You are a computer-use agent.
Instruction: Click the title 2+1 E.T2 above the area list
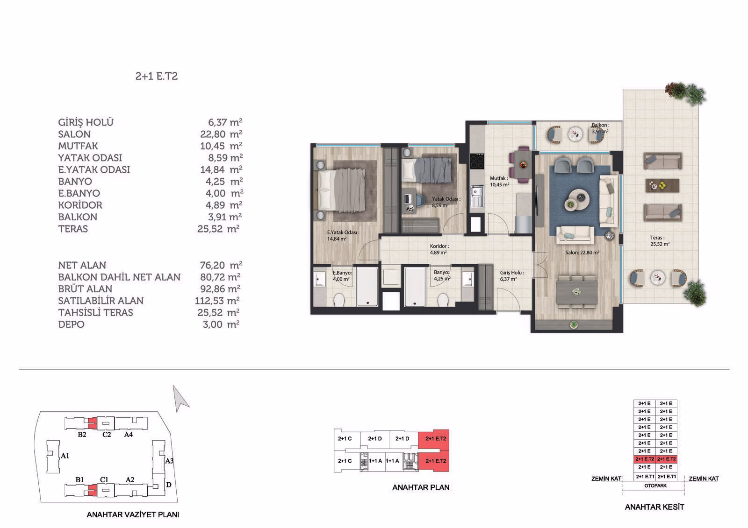pyautogui.click(x=156, y=77)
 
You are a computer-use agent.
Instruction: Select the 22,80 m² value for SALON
pyautogui.click(x=221, y=134)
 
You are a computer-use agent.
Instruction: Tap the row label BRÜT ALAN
pyautogui.click(x=85, y=289)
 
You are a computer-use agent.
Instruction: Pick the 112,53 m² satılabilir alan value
pyautogui.click(x=217, y=301)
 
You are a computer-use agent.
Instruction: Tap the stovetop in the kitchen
pyautogui.click(x=477, y=162)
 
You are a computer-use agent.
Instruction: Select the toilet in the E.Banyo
pyautogui.click(x=339, y=300)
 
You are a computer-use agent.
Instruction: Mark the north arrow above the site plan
pyautogui.click(x=180, y=399)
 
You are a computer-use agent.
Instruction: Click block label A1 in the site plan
pyautogui.click(x=65, y=456)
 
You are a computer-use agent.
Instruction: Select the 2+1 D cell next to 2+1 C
pyautogui.click(x=374, y=439)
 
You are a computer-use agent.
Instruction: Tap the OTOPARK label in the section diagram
pyautogui.click(x=655, y=486)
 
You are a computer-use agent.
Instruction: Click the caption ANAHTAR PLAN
pyautogui.click(x=421, y=487)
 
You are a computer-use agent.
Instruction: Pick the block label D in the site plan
pyautogui.click(x=169, y=485)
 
